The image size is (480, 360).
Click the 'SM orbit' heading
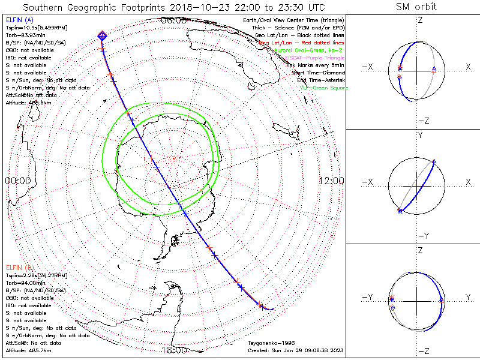[x=416, y=7]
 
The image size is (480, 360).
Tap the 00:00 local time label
[x=17, y=181]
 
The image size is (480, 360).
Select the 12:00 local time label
[x=331, y=181]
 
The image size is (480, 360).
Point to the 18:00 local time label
[x=174, y=351]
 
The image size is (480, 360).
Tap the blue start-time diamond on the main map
[x=103, y=37]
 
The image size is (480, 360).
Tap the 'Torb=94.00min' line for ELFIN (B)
[x=26, y=283]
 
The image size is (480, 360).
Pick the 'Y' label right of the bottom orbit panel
[x=467, y=297]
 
